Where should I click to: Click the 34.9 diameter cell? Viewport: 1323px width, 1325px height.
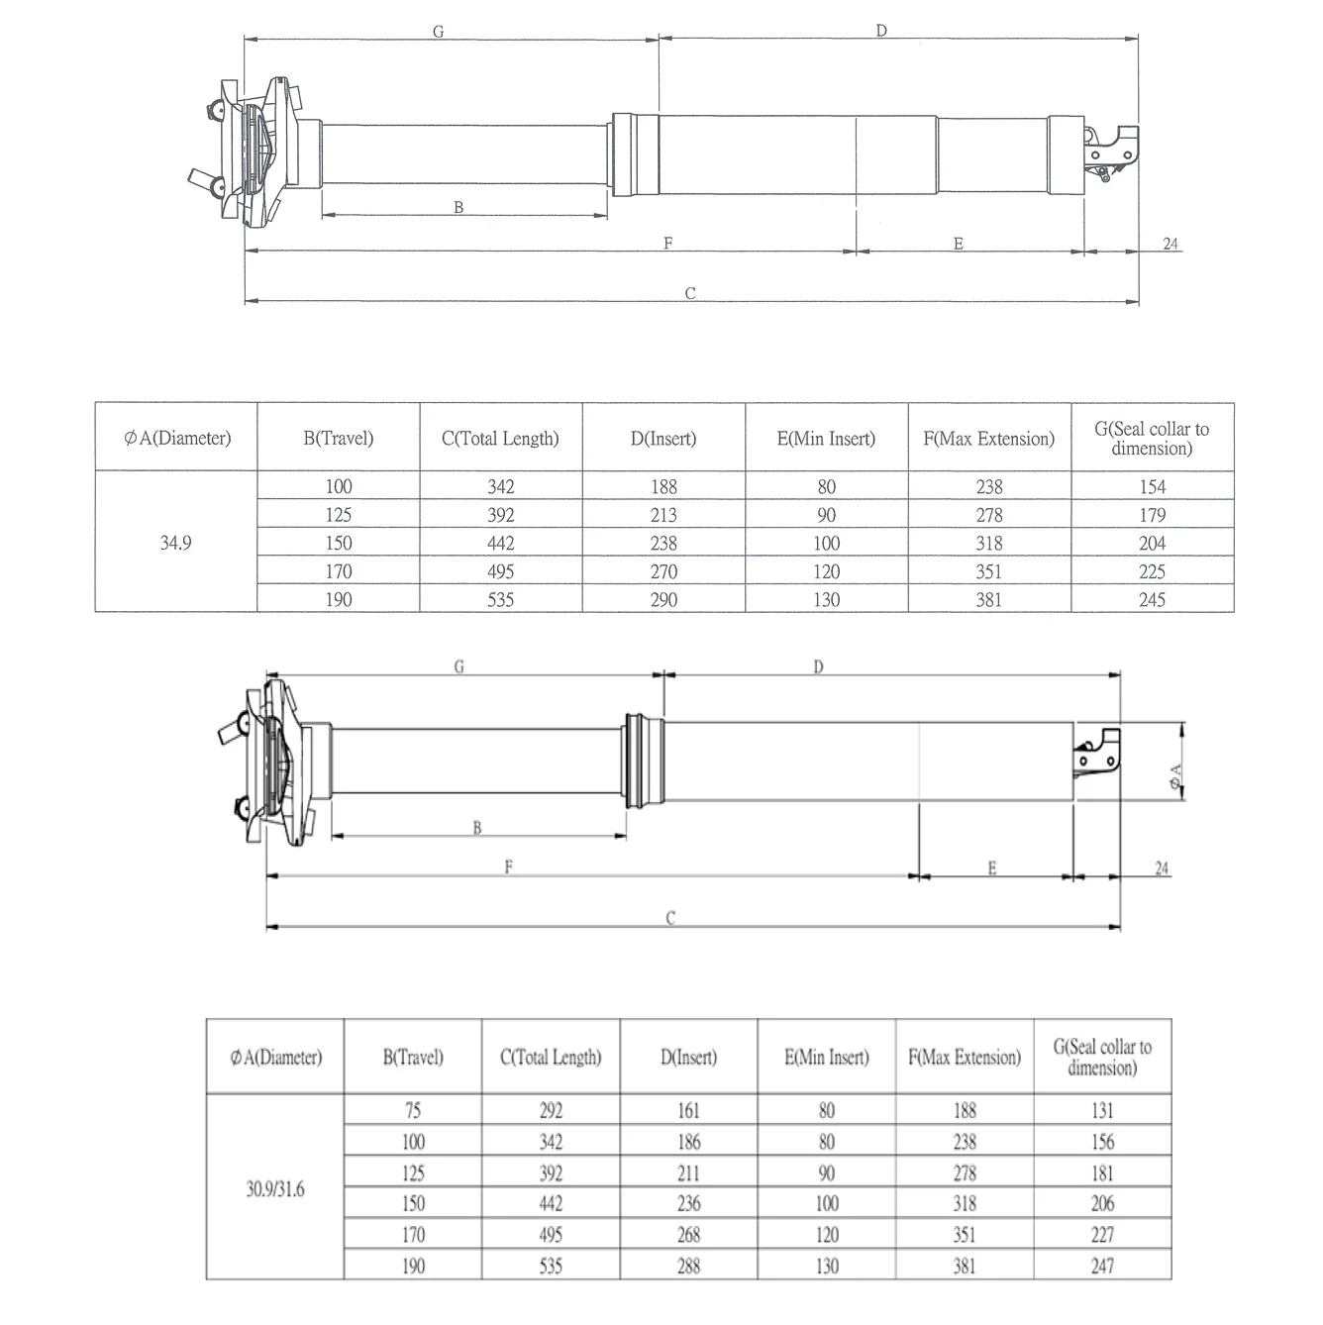pyautogui.click(x=175, y=543)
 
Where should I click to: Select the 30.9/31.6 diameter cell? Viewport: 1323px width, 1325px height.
pyautogui.click(x=275, y=1189)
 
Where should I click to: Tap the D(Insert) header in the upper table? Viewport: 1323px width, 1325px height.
pyautogui.click(x=663, y=438)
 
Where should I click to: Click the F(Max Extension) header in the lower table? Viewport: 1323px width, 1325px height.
pyautogui.click(x=965, y=1058)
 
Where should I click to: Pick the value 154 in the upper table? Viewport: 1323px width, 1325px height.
pyautogui.click(x=1152, y=486)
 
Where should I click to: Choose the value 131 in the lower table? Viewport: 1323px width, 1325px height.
pyautogui.click(x=1102, y=1111)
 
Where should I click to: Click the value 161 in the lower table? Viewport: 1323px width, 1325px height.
pyautogui.click(x=688, y=1111)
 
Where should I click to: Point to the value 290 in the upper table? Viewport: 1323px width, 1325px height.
pyautogui.click(x=663, y=599)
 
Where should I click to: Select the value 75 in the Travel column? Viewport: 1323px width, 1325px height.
pyautogui.click(x=413, y=1111)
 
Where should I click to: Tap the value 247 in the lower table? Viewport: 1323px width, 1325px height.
pyautogui.click(x=1102, y=1266)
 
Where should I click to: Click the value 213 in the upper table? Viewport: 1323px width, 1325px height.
pyautogui.click(x=663, y=515)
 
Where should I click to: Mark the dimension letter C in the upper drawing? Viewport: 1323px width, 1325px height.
pyautogui.click(x=690, y=293)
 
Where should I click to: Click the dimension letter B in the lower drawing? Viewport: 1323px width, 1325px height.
pyautogui.click(x=476, y=828)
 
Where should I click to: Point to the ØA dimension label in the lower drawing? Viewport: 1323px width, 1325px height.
pyautogui.click(x=1175, y=775)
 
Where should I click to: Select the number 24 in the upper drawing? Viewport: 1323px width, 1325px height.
pyautogui.click(x=1170, y=244)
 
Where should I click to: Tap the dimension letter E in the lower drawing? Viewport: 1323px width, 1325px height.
pyautogui.click(x=992, y=868)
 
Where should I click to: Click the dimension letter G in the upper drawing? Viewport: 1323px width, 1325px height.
pyautogui.click(x=438, y=32)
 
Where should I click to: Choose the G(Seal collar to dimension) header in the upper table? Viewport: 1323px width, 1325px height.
pyautogui.click(x=1152, y=438)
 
